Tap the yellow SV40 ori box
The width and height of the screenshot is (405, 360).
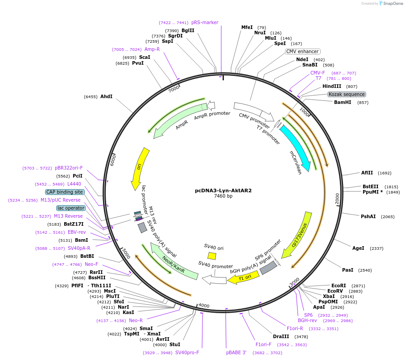pyautogui.click(x=212, y=256)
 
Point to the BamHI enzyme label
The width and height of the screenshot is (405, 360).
pyautogui.click(x=342, y=102)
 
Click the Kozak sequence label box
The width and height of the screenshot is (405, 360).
pyautogui.click(x=347, y=95)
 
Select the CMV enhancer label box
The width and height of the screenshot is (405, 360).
pyautogui.click(x=302, y=51)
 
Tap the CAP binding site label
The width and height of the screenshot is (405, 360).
pyautogui.click(x=65, y=192)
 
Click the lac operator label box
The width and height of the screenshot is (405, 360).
pyautogui.click(x=70, y=208)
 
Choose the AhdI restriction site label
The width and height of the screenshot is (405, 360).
pyautogui.click(x=106, y=96)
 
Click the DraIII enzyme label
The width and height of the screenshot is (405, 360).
pyautogui.click(x=281, y=336)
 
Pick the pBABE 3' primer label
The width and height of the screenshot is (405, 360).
pyautogui.click(x=236, y=352)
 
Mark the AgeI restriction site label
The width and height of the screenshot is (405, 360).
pyautogui.click(x=358, y=248)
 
